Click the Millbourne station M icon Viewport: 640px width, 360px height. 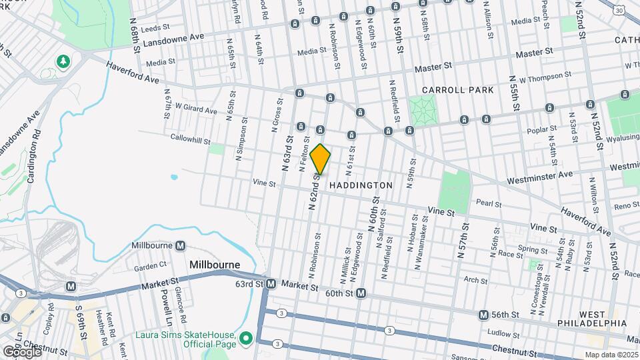tap(180, 246)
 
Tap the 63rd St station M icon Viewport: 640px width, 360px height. tap(271, 284)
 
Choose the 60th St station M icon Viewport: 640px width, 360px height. tap(361, 293)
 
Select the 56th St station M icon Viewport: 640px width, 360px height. tap(484, 314)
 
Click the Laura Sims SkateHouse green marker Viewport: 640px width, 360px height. tap(245, 339)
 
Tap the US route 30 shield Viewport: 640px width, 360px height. tap(620, 11)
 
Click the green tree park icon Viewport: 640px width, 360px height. tap(63, 62)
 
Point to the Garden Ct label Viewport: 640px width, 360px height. tap(149, 268)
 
